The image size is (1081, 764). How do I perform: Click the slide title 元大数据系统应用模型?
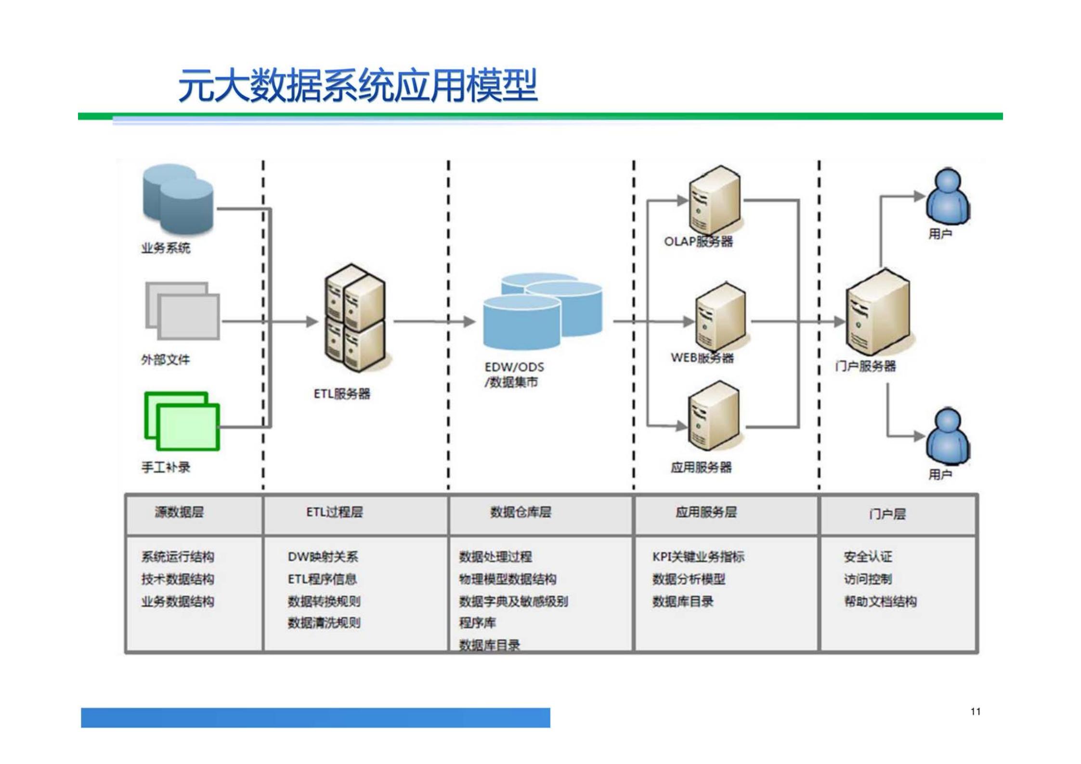pyautogui.click(x=357, y=86)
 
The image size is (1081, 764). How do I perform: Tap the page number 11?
pyautogui.click(x=975, y=711)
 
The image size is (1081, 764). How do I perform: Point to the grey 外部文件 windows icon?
pyautogui.click(x=182, y=311)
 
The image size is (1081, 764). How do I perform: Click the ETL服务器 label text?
pyautogui.click(x=342, y=394)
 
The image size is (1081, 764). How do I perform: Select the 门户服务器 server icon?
pyautogui.click(x=878, y=313)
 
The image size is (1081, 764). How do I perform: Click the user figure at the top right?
pyautogui.click(x=947, y=197)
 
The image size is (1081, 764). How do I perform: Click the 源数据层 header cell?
pyautogui.click(x=179, y=512)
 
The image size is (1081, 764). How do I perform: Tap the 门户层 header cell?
pyautogui.click(x=887, y=514)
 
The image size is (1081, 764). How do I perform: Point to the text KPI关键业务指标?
pyautogui.click(x=698, y=557)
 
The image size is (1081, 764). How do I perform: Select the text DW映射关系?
pyautogui.click(x=323, y=557)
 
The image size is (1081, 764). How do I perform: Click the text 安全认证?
pyautogui.click(x=868, y=557)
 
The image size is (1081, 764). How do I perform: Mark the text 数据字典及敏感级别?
pyautogui.click(x=513, y=601)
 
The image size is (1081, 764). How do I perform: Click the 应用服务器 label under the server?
pyautogui.click(x=701, y=466)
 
